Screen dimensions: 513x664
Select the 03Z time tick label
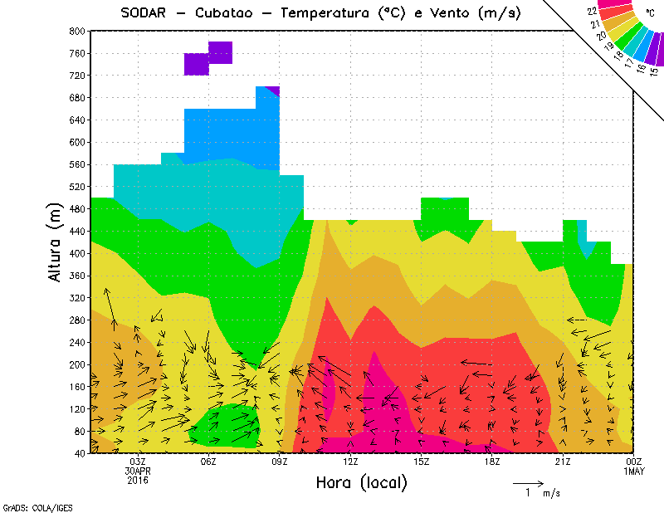[x=139, y=462]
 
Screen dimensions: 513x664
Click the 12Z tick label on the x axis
[x=350, y=462]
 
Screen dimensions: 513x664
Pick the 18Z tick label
[x=492, y=462]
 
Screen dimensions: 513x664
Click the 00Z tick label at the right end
[x=633, y=462]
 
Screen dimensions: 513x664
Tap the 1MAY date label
[x=633, y=471]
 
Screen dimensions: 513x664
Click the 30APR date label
[x=139, y=471]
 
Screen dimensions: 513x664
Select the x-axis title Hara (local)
[x=360, y=482]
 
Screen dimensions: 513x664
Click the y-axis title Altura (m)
[x=56, y=242]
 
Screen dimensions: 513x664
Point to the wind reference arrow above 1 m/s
[x=527, y=481]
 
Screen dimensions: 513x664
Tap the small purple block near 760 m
[x=220, y=52]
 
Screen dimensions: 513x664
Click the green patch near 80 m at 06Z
[x=226, y=426]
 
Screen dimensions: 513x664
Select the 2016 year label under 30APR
[x=139, y=481]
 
